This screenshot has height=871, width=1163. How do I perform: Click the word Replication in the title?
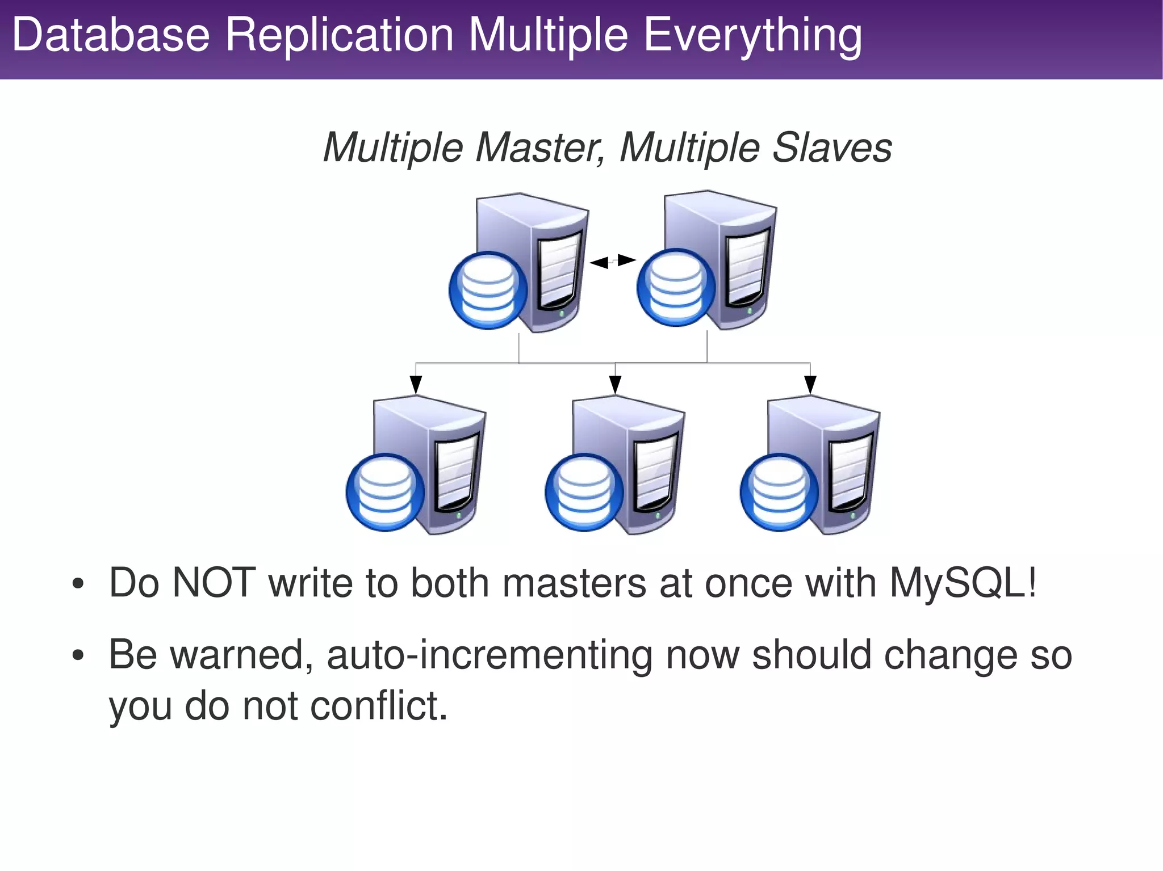tap(339, 35)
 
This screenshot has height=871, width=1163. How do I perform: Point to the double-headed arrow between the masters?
tap(613, 262)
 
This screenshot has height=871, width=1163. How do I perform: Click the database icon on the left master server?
tap(488, 290)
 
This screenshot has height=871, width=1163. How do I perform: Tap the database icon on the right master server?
tap(676, 288)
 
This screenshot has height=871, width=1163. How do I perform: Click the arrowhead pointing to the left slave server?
tap(416, 385)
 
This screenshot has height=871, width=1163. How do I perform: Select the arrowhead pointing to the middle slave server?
tap(615, 385)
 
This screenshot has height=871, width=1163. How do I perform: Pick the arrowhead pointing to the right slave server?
tap(810, 385)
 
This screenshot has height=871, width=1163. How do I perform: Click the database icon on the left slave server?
tap(385, 492)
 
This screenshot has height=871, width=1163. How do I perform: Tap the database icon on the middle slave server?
tap(584, 492)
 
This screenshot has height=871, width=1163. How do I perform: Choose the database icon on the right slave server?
tap(779, 492)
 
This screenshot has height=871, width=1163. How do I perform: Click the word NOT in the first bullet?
tap(214, 583)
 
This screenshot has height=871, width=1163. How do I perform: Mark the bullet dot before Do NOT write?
tap(78, 584)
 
